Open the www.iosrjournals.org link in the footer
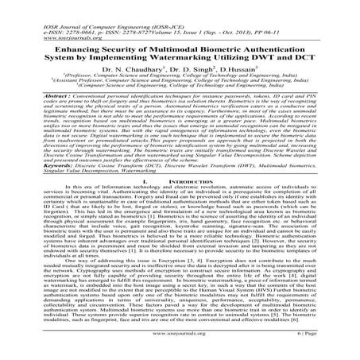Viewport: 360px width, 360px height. click(180, 346)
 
